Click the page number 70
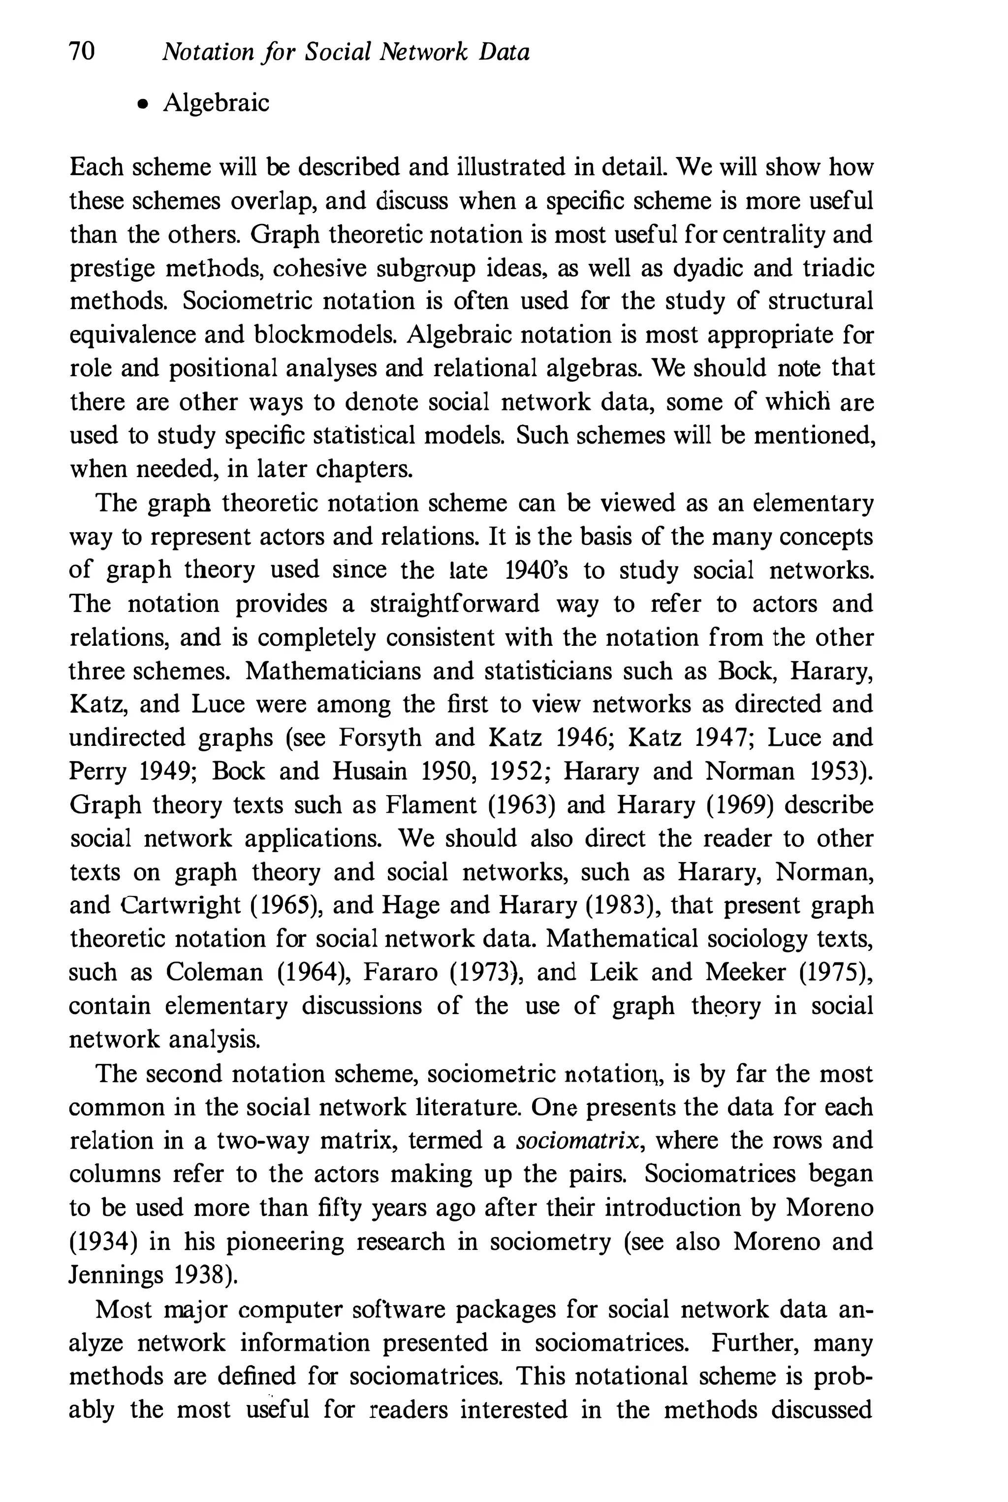(82, 51)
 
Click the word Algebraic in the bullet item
(216, 103)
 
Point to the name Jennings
(116, 1275)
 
